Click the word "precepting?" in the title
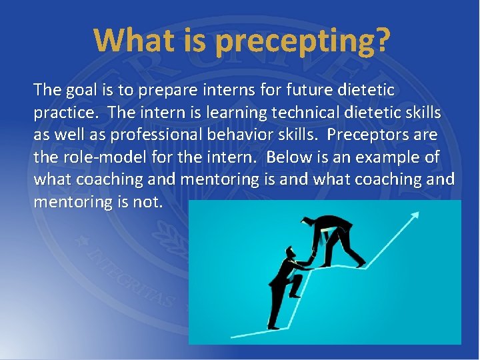click(x=302, y=41)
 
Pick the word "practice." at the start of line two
click(x=65, y=112)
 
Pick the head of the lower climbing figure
click(x=291, y=252)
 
